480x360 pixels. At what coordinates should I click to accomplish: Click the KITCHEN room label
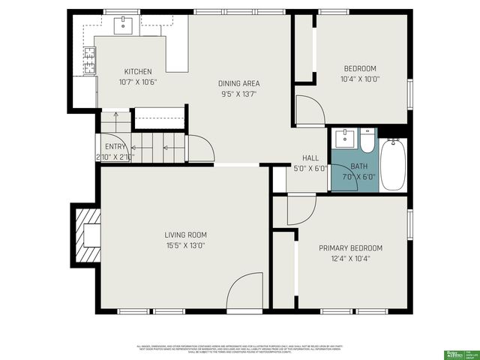[138, 72]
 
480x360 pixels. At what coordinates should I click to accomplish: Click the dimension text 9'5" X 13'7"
[239, 94]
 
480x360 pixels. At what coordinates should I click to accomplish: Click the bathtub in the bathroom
[392, 164]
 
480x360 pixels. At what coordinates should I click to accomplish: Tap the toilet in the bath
[367, 140]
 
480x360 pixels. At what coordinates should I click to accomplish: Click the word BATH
[359, 166]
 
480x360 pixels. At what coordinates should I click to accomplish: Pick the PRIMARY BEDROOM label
[350, 248]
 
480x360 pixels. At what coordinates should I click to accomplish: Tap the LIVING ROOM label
[185, 235]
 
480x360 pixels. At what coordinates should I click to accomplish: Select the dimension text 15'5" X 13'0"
[185, 245]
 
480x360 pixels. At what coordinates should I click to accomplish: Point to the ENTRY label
[115, 147]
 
